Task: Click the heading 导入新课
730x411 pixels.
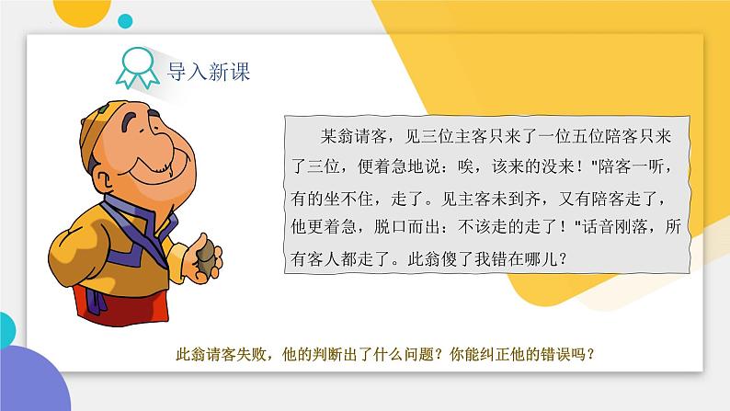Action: pos(209,72)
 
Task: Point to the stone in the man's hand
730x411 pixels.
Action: pos(206,257)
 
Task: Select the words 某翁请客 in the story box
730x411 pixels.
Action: pos(353,136)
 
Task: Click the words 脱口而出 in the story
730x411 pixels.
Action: pos(407,227)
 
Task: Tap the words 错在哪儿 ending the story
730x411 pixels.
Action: pos(524,258)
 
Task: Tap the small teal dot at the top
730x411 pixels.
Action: pos(125,21)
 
